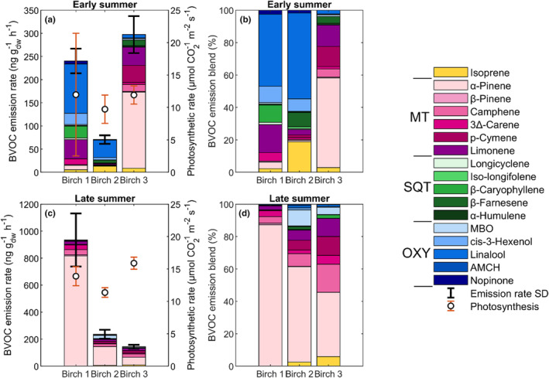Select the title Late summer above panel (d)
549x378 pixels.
click(304, 198)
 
